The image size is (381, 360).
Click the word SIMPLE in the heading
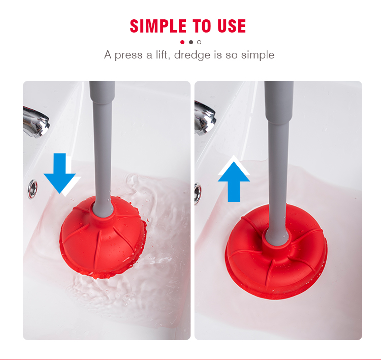pyautogui.click(x=158, y=26)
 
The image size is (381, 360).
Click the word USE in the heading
pyautogui.click(x=232, y=26)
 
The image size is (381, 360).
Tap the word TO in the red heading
pyautogui.click(x=202, y=26)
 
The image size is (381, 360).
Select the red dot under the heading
pyautogui.click(x=182, y=42)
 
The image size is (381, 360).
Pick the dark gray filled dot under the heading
pyautogui.click(x=190, y=42)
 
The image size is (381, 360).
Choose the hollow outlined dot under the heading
pyautogui.click(x=199, y=42)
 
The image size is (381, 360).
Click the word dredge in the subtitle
pyautogui.click(x=192, y=55)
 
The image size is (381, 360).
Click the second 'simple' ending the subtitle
pyautogui.click(x=258, y=55)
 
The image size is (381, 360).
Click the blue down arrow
pyautogui.click(x=59, y=173)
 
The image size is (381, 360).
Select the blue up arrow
pyautogui.click(x=234, y=182)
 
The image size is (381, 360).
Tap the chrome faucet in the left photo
pyautogui.click(x=36, y=122)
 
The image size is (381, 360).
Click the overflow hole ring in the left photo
pyautogui.click(x=33, y=189)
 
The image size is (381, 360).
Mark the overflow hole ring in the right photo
pyautogui.click(x=198, y=193)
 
